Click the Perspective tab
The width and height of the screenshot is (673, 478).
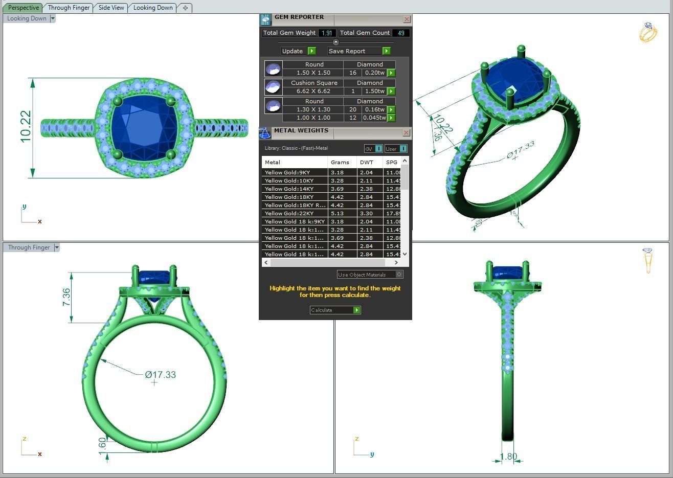coord(24,8)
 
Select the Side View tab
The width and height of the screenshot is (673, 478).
coord(111,8)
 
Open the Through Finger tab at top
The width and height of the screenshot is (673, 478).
coord(69,8)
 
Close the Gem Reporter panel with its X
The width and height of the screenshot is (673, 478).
coord(407,19)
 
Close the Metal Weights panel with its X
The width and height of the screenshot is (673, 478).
coord(406,133)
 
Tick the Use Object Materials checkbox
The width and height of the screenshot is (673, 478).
coord(399,275)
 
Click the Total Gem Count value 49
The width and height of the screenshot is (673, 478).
coord(400,33)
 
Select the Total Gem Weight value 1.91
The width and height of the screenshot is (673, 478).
coord(327,33)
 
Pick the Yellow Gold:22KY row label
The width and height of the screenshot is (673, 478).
coord(289,213)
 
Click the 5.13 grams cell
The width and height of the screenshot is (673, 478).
coord(337,213)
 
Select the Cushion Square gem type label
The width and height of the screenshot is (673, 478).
coord(314,83)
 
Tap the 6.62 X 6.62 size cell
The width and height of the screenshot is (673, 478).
coord(313,91)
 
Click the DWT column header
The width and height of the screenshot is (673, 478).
coord(366,162)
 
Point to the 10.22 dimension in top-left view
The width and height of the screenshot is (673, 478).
coord(26,127)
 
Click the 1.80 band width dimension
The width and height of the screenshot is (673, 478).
coord(508,457)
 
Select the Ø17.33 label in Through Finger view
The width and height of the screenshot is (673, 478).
coord(160,375)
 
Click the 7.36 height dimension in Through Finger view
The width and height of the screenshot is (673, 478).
coord(66,298)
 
